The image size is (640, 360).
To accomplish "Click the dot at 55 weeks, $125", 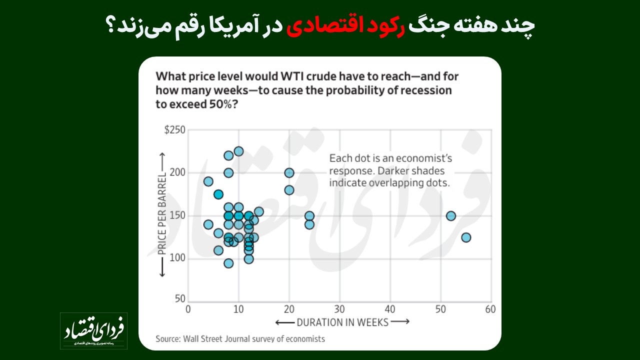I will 466,237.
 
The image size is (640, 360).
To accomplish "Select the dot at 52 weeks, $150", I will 451,216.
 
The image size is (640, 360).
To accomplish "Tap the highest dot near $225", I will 238,151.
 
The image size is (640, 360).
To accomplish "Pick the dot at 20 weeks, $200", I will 289,172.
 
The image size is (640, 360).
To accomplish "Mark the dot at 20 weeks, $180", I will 289,190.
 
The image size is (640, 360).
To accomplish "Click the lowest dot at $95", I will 228,263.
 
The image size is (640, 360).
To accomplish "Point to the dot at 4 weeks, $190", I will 208,181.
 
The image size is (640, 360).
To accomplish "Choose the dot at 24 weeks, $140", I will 309,224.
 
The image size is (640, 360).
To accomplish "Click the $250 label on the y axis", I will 175,130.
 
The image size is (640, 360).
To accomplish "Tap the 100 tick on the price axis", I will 179,258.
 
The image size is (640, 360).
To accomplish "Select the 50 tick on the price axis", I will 180,298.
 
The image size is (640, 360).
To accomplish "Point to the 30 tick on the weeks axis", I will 339,309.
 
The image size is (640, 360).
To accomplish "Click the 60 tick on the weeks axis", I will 490,309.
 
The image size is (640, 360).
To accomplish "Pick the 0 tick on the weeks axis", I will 188,309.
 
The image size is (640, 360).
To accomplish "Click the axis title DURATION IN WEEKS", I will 342,322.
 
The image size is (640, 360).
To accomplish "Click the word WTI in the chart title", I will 291,77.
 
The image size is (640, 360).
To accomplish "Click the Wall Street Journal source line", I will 240,338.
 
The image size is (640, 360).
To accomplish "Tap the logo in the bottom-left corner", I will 94,331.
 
